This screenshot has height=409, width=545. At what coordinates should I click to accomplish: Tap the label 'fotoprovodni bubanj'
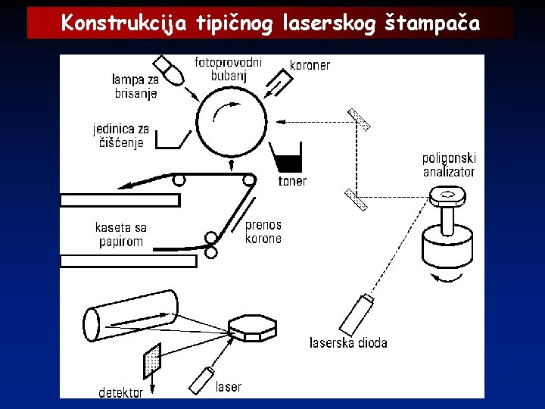(x=228, y=68)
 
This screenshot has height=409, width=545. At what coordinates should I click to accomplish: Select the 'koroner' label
(x=310, y=65)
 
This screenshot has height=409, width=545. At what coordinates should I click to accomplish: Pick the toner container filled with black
(x=288, y=160)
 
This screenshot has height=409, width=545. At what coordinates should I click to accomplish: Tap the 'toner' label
(x=292, y=181)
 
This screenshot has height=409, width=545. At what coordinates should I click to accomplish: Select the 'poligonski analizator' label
(x=449, y=165)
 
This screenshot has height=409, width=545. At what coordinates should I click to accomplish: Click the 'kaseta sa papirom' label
(x=121, y=234)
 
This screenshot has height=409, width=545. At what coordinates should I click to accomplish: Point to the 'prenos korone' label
(x=263, y=231)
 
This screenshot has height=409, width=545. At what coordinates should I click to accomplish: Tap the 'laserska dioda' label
(x=348, y=343)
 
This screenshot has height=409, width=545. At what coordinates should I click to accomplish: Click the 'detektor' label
(x=121, y=392)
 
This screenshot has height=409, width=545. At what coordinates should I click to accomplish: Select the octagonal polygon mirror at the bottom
(x=253, y=328)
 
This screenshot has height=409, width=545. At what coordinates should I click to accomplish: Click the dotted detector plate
(x=152, y=361)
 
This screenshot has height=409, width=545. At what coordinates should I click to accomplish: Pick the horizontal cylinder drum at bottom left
(x=130, y=314)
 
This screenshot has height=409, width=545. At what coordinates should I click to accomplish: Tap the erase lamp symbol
(x=169, y=69)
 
